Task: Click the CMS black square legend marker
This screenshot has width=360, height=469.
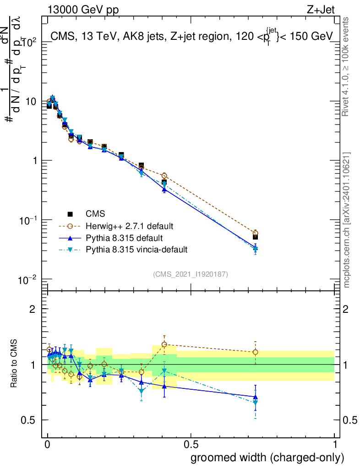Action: (x=70, y=214)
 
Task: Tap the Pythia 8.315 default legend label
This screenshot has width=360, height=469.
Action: (x=124, y=238)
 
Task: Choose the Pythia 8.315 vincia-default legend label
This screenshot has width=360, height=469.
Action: (x=136, y=250)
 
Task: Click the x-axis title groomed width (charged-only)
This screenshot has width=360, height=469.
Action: (x=267, y=458)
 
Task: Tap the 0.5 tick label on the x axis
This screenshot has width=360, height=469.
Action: (x=191, y=445)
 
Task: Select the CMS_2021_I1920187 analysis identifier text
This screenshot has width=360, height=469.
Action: (x=191, y=274)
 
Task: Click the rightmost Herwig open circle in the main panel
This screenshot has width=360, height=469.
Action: (x=255, y=233)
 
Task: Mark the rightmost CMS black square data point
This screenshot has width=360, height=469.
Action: (x=255, y=237)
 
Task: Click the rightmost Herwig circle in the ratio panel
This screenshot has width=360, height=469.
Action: (x=255, y=352)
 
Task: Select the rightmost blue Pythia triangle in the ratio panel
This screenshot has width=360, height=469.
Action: (x=255, y=397)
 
